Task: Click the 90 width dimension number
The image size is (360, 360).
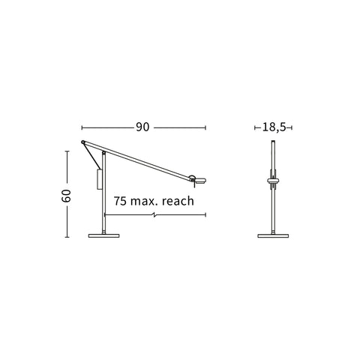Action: point(142,127)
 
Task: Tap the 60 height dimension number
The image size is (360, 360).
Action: point(67,196)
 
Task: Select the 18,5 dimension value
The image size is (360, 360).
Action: point(274,127)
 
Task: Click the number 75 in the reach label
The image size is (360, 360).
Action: point(120,201)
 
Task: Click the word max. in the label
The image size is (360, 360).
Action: point(145,202)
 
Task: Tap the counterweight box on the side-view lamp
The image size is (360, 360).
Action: point(99,179)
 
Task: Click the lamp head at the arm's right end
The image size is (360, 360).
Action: point(199,180)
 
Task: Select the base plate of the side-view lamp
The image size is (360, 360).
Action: point(103,235)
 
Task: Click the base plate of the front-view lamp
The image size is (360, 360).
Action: point(273,235)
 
